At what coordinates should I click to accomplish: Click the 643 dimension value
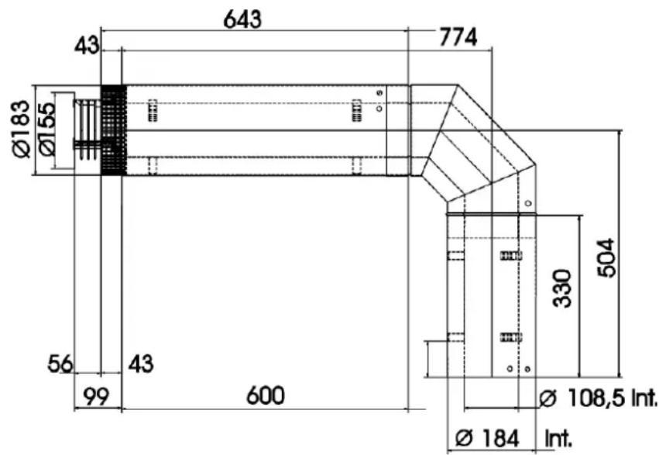(242, 19)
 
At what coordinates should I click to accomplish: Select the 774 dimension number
(458, 37)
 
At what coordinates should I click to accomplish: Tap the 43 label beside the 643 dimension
(87, 46)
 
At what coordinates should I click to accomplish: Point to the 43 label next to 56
(141, 364)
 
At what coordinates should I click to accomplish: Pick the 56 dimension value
(60, 364)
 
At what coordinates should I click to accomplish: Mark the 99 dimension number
(96, 397)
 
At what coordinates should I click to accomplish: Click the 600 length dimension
(266, 396)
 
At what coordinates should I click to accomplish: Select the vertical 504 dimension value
(606, 258)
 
